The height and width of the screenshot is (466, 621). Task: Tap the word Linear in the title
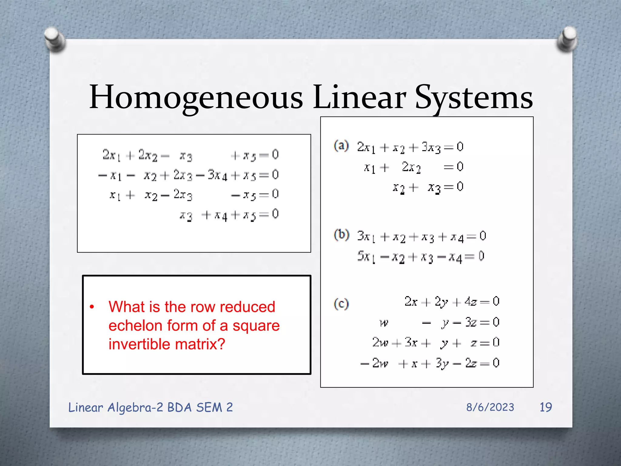click(359, 97)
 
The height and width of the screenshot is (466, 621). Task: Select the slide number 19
click(546, 407)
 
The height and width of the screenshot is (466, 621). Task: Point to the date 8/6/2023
click(490, 407)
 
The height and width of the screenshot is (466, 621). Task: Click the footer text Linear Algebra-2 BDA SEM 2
click(150, 407)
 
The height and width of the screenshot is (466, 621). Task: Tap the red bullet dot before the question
click(92, 307)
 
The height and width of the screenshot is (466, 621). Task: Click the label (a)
click(341, 146)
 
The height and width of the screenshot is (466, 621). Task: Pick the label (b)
click(341, 235)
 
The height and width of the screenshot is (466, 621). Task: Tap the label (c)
click(341, 304)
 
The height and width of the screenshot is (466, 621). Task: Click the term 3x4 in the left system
click(217, 175)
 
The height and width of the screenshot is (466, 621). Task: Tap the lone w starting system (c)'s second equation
click(384, 323)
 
